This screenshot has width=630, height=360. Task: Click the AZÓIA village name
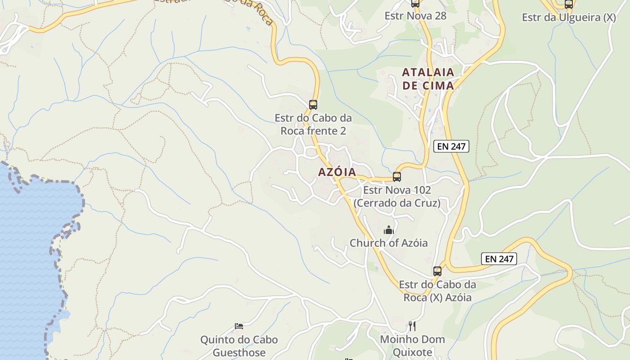pos(337,172)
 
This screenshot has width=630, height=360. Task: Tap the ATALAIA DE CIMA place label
pos(428,79)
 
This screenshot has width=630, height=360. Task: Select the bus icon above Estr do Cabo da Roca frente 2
pos(313,105)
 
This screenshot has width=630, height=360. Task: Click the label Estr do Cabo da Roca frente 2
pos(313,125)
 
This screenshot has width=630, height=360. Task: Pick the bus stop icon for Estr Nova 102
pos(397,176)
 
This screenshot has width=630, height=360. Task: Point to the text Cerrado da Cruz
pos(397,203)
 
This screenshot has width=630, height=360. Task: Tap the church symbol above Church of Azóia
pos(389,230)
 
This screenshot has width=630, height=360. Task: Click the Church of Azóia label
pos(389,243)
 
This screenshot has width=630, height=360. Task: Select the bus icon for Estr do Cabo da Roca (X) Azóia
pos(437,271)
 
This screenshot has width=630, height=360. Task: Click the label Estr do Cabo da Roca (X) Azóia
pos(437,291)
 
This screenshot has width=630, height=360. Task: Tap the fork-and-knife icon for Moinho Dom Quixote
pos(412,326)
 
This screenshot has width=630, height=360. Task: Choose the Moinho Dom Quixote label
pos(412,346)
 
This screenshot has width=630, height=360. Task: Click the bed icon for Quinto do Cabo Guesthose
pos(239,326)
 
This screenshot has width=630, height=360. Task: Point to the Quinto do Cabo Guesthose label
pos(239,346)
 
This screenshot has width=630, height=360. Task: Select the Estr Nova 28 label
pos(415,16)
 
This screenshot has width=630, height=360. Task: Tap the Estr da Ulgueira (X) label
pos(569,18)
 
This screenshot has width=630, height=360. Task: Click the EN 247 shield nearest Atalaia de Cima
pos(451,146)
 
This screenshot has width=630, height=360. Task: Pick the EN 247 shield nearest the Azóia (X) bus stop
pos(499,259)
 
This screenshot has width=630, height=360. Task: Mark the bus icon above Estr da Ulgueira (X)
pos(569,4)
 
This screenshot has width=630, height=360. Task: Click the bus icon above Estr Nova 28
pos(415,4)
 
